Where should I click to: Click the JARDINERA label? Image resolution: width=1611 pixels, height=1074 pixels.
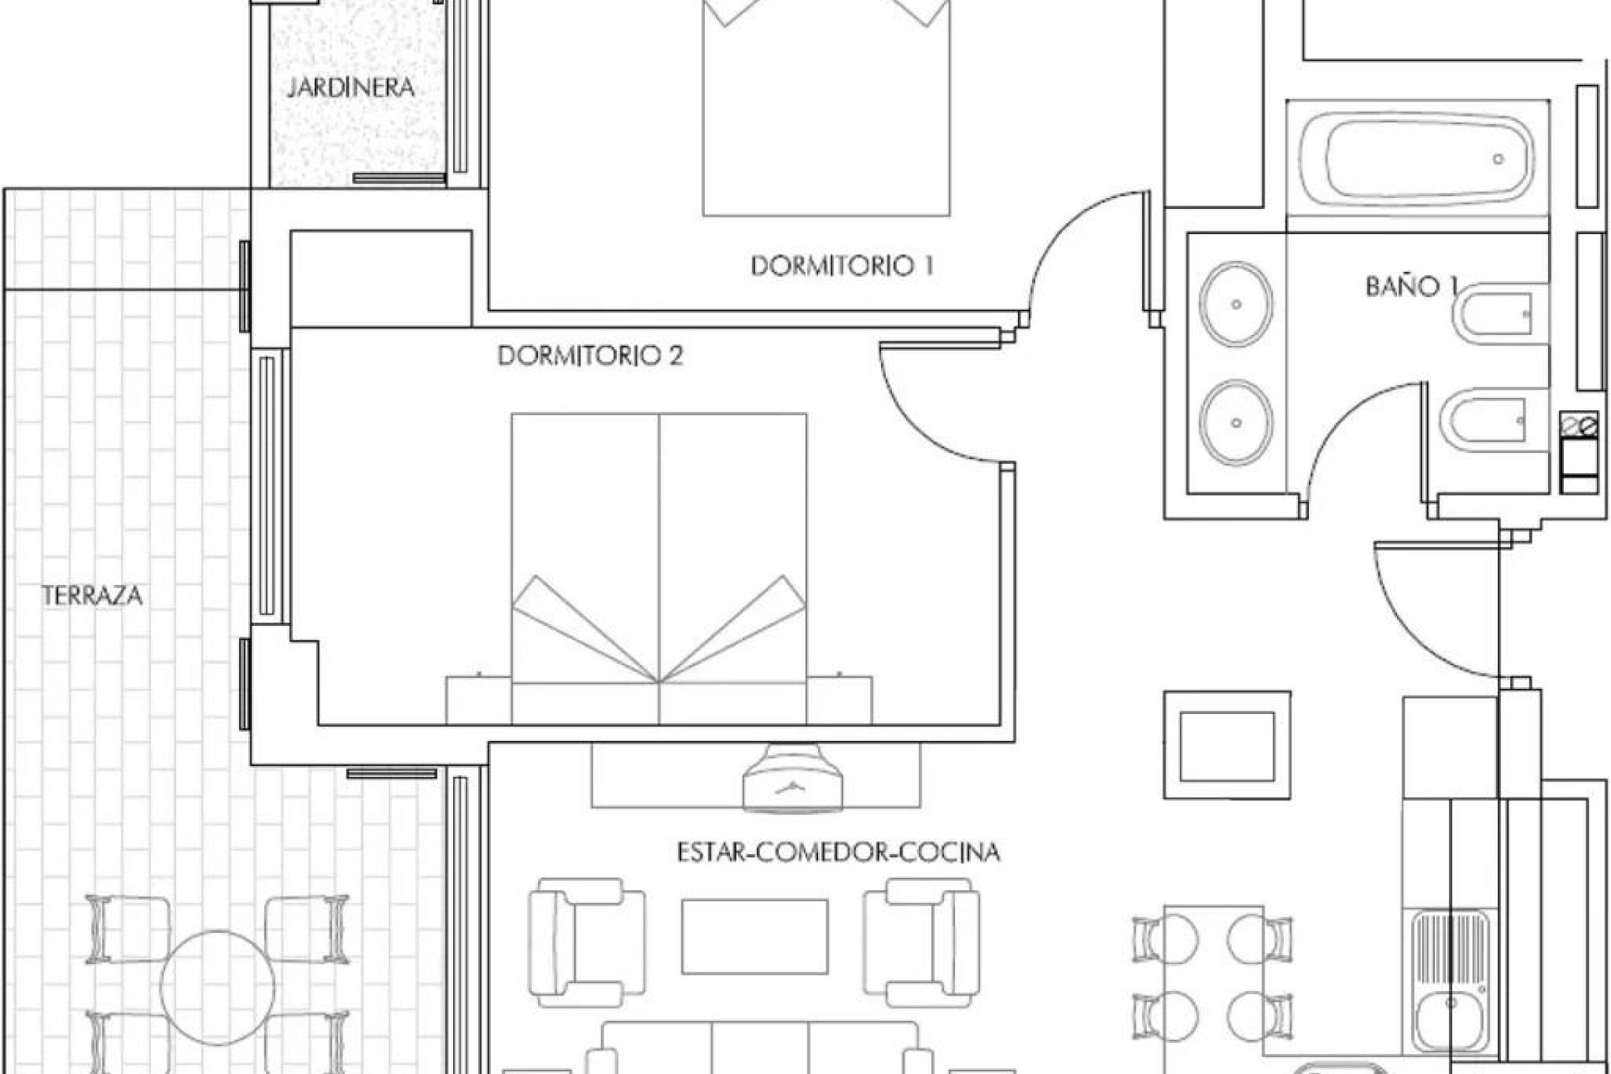[x=351, y=87]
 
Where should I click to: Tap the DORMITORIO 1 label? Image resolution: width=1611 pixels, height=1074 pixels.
[x=842, y=266]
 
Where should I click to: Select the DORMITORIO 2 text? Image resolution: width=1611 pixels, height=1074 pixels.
[x=590, y=356]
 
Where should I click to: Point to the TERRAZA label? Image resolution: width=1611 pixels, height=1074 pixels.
[x=92, y=596]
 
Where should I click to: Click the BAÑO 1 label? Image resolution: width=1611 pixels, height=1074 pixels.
[x=1410, y=286]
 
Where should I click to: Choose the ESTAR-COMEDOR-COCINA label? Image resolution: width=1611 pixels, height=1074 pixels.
[x=838, y=852]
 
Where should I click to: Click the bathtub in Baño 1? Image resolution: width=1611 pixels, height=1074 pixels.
[x=1417, y=159]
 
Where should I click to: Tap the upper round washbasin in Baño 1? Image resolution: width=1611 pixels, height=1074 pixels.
[x=1236, y=304]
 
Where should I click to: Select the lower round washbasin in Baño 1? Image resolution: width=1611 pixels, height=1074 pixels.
[x=1236, y=422]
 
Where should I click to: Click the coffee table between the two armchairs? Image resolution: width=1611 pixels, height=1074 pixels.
[x=754, y=936]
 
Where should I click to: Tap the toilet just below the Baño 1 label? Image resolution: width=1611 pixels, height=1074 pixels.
[x=1499, y=318]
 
